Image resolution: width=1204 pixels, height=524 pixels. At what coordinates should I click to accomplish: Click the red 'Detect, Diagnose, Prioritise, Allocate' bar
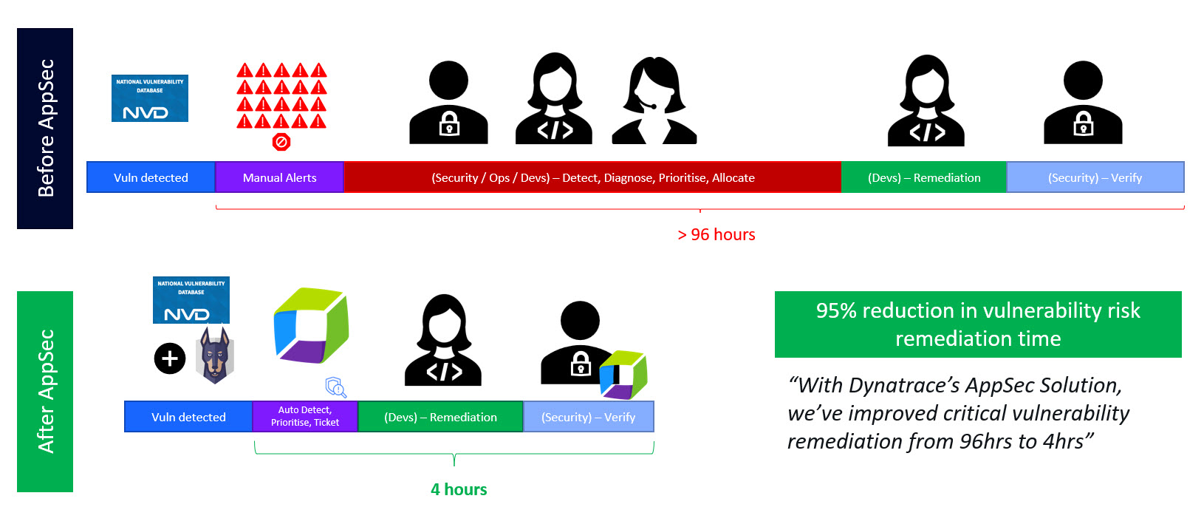click(x=592, y=177)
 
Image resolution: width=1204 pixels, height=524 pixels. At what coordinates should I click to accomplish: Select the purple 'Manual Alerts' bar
click(x=279, y=177)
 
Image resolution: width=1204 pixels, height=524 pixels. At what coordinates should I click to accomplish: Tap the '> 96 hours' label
click(x=716, y=234)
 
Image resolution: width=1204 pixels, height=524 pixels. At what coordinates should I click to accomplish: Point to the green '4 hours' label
click(x=459, y=489)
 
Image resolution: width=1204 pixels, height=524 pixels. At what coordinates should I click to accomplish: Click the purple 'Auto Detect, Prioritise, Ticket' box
click(x=305, y=416)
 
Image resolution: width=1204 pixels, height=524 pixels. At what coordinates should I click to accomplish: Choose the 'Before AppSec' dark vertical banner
click(x=45, y=128)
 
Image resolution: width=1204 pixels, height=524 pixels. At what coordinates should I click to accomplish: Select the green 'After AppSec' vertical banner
click(x=45, y=391)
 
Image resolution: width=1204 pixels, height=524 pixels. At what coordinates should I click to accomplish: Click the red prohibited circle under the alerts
click(x=281, y=142)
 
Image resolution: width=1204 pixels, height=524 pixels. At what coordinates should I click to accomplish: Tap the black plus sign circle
click(x=170, y=358)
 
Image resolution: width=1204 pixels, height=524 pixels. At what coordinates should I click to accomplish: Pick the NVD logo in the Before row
click(x=150, y=98)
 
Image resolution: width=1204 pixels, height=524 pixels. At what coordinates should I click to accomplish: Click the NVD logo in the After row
click(x=191, y=300)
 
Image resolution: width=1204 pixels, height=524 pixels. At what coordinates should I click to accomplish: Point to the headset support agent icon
click(x=654, y=101)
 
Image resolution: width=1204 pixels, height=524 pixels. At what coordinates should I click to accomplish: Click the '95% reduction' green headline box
click(x=977, y=324)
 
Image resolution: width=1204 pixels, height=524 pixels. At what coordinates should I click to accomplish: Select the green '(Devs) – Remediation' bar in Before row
click(x=924, y=177)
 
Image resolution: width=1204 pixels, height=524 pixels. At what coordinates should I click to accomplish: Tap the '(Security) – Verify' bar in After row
click(x=588, y=417)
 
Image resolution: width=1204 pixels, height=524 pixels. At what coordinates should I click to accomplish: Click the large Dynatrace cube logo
click(x=310, y=325)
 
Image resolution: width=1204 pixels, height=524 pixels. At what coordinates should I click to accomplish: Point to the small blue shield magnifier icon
click(x=336, y=387)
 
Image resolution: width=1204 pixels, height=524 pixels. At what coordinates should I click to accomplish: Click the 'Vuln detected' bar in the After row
click(x=188, y=417)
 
